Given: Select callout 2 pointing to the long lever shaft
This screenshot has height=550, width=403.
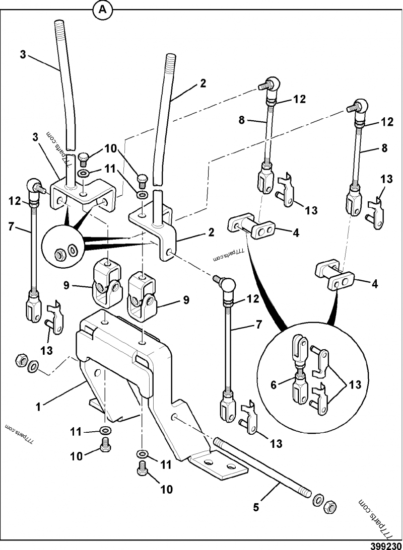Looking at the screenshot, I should [x=203, y=84].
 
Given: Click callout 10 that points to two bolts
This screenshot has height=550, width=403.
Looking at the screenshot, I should [x=110, y=149].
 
